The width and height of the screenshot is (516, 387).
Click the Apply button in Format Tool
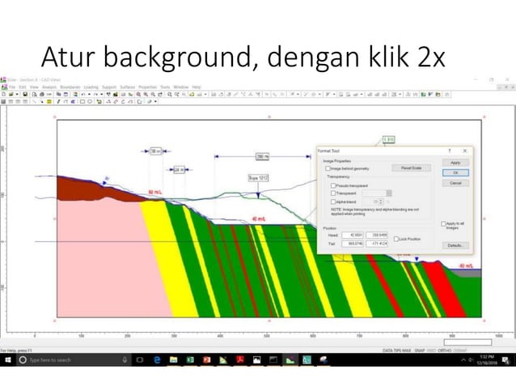tap(455, 163)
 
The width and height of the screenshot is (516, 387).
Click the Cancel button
tap(455, 183)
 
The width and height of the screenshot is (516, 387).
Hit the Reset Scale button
tap(411, 168)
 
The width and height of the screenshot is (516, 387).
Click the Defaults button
tap(455, 245)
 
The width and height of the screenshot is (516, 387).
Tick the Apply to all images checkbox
tap(443, 223)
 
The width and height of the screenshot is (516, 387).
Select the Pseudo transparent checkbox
tap(333, 185)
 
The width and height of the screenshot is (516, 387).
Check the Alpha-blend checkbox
tap(333, 201)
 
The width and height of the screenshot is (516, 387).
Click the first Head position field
tap(353, 236)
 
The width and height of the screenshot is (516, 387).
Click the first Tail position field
tap(353, 243)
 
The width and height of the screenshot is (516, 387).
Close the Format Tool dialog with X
tap(465, 151)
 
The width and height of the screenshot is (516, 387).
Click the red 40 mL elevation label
tap(259, 219)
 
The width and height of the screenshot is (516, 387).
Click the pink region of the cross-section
tap(105, 259)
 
